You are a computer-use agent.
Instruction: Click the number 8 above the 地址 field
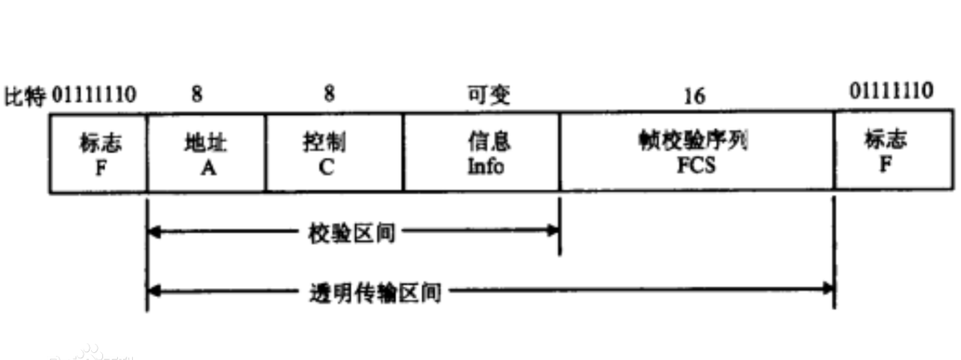pos(197,95)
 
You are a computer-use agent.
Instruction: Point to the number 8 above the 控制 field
pos(330,94)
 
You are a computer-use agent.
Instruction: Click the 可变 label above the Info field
pos(489,95)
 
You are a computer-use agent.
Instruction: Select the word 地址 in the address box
pos(205,143)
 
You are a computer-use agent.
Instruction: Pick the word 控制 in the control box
pos(323,143)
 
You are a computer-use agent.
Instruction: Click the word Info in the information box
pos(486,167)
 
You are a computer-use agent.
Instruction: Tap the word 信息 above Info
pos(489,142)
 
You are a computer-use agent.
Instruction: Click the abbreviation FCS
pos(696,166)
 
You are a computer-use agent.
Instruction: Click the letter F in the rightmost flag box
pos(885,164)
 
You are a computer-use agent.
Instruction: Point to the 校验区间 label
pos(352,232)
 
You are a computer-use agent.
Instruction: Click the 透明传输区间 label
pos(375,291)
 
